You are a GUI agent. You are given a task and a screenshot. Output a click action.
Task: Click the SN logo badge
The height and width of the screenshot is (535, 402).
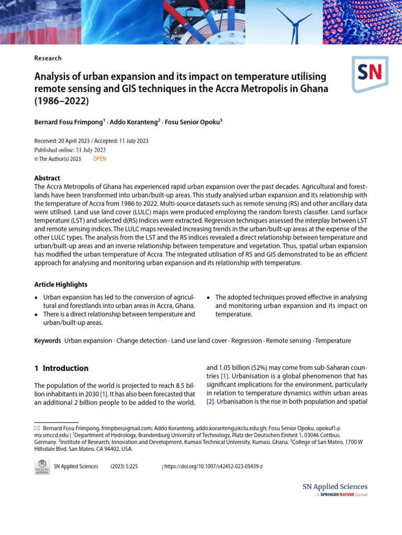(x=370, y=74)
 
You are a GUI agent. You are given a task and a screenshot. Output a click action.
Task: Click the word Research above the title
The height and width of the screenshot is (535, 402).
(x=48, y=58)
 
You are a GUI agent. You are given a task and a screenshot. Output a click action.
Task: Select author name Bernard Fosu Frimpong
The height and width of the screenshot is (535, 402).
(x=69, y=122)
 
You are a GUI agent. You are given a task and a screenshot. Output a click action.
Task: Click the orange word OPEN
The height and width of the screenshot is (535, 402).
(x=99, y=159)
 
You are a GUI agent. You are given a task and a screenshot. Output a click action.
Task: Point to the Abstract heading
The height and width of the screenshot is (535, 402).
(x=47, y=178)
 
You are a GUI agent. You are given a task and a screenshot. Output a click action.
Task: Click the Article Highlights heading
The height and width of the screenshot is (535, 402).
(x=61, y=284)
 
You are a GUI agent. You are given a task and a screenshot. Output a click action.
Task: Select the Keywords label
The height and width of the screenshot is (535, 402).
(x=48, y=341)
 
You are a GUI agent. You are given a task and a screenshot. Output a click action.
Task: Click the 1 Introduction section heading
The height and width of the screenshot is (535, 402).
(x=61, y=368)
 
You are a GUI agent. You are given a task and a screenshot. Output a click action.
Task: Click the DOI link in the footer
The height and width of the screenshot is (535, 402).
(x=214, y=466)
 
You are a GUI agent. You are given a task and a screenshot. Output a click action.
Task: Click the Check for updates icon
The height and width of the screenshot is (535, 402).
(x=42, y=467)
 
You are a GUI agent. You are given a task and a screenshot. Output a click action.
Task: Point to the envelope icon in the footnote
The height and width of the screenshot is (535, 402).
(x=37, y=428)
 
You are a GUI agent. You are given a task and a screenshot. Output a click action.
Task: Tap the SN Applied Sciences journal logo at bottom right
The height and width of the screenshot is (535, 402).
(x=335, y=489)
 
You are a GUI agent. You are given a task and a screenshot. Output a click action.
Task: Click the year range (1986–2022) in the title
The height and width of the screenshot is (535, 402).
(x=61, y=101)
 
